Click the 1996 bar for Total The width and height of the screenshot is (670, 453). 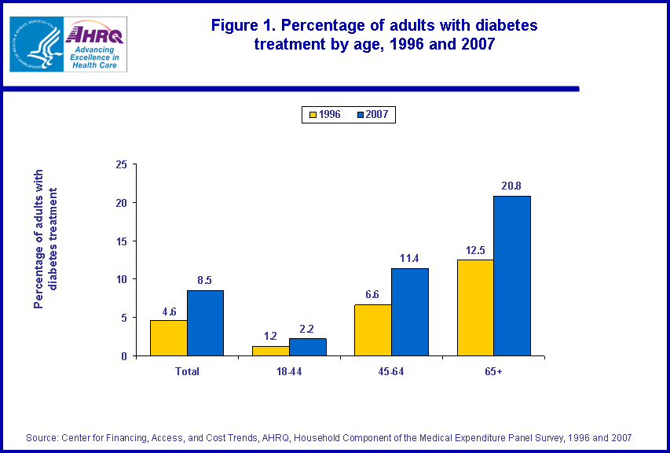click(x=168, y=338)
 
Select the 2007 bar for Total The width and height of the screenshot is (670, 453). click(x=205, y=323)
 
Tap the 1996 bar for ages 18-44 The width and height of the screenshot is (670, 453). click(x=270, y=351)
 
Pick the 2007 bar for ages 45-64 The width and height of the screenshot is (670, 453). click(x=410, y=312)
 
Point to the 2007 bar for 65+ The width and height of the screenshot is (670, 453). click(x=512, y=276)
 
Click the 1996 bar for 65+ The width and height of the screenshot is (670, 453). click(x=475, y=308)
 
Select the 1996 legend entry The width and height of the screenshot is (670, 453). click(x=324, y=115)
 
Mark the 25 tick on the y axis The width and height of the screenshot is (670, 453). click(x=121, y=164)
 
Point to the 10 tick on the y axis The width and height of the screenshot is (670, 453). click(x=121, y=279)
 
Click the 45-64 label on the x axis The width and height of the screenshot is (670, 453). click(x=391, y=371)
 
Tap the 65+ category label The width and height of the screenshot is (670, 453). click(x=493, y=371)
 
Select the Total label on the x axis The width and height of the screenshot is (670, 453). click(x=187, y=371)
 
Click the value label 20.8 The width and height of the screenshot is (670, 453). click(x=511, y=186)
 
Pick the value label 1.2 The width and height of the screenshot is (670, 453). click(x=269, y=336)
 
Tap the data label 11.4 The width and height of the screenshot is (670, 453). click(x=410, y=258)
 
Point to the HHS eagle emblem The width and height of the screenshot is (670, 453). click(x=35, y=44)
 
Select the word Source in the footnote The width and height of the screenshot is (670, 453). click(x=42, y=437)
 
